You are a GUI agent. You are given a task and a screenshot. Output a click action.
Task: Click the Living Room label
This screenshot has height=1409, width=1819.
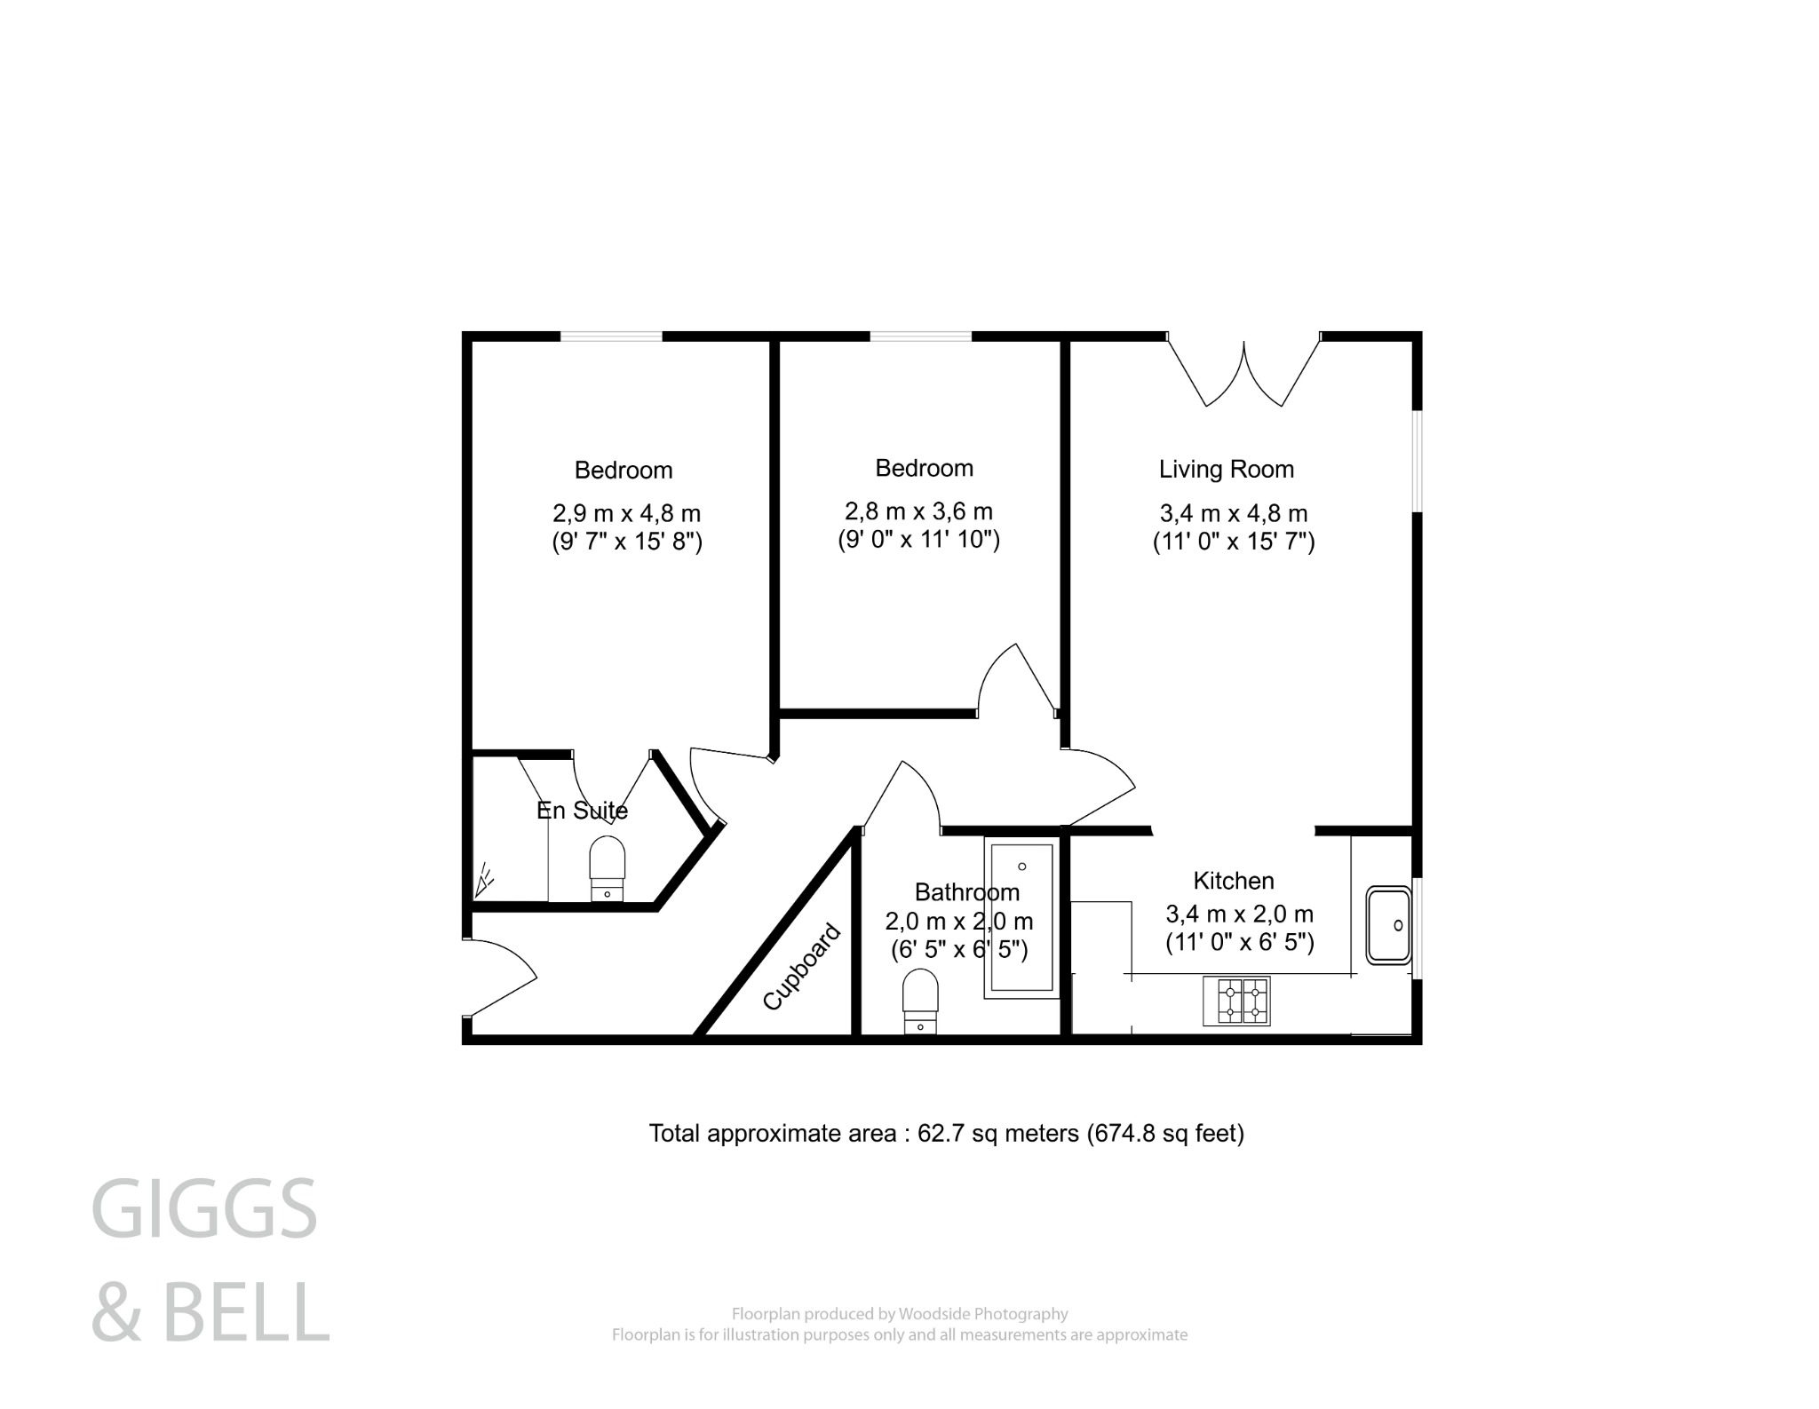tap(1226, 469)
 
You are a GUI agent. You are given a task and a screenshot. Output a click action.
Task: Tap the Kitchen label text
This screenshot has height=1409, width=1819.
tap(1233, 881)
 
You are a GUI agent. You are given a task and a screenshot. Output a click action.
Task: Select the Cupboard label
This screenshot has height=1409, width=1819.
tap(802, 967)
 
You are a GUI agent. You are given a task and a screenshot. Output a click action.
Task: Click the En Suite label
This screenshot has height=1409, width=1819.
tap(582, 811)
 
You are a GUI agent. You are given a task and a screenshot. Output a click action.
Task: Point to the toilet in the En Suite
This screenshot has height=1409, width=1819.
tap(607, 867)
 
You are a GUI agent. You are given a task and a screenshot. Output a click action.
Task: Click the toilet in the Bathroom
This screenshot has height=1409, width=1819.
tap(920, 1000)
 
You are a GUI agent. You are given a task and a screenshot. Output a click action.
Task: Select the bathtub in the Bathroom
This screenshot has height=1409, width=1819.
tap(1021, 917)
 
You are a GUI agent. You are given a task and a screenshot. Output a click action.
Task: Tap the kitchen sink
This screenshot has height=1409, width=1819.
tap(1388, 925)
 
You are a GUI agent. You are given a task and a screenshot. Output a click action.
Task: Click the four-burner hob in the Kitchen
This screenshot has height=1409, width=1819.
tap(1236, 1001)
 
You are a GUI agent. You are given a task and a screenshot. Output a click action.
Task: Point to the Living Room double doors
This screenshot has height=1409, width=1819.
tap(1243, 373)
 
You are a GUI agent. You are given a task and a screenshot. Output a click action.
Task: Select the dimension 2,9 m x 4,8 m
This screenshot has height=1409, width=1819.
tap(626, 513)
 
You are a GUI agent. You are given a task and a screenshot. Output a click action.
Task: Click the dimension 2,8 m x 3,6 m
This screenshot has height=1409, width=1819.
tap(918, 511)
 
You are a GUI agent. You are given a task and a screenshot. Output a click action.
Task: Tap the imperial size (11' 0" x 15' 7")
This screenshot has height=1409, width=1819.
tap(1233, 542)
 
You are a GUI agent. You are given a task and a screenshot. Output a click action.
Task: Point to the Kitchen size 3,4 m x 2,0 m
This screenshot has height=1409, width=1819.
tap(1239, 914)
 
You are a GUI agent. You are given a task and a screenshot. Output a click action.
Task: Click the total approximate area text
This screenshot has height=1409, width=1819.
tap(946, 1134)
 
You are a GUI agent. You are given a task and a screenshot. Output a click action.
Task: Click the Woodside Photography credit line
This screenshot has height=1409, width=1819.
tap(899, 1314)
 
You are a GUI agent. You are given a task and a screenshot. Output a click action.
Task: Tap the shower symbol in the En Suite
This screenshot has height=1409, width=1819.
tap(485, 880)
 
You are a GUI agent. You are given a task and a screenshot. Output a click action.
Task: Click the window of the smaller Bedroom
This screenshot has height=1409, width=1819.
tap(920, 336)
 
